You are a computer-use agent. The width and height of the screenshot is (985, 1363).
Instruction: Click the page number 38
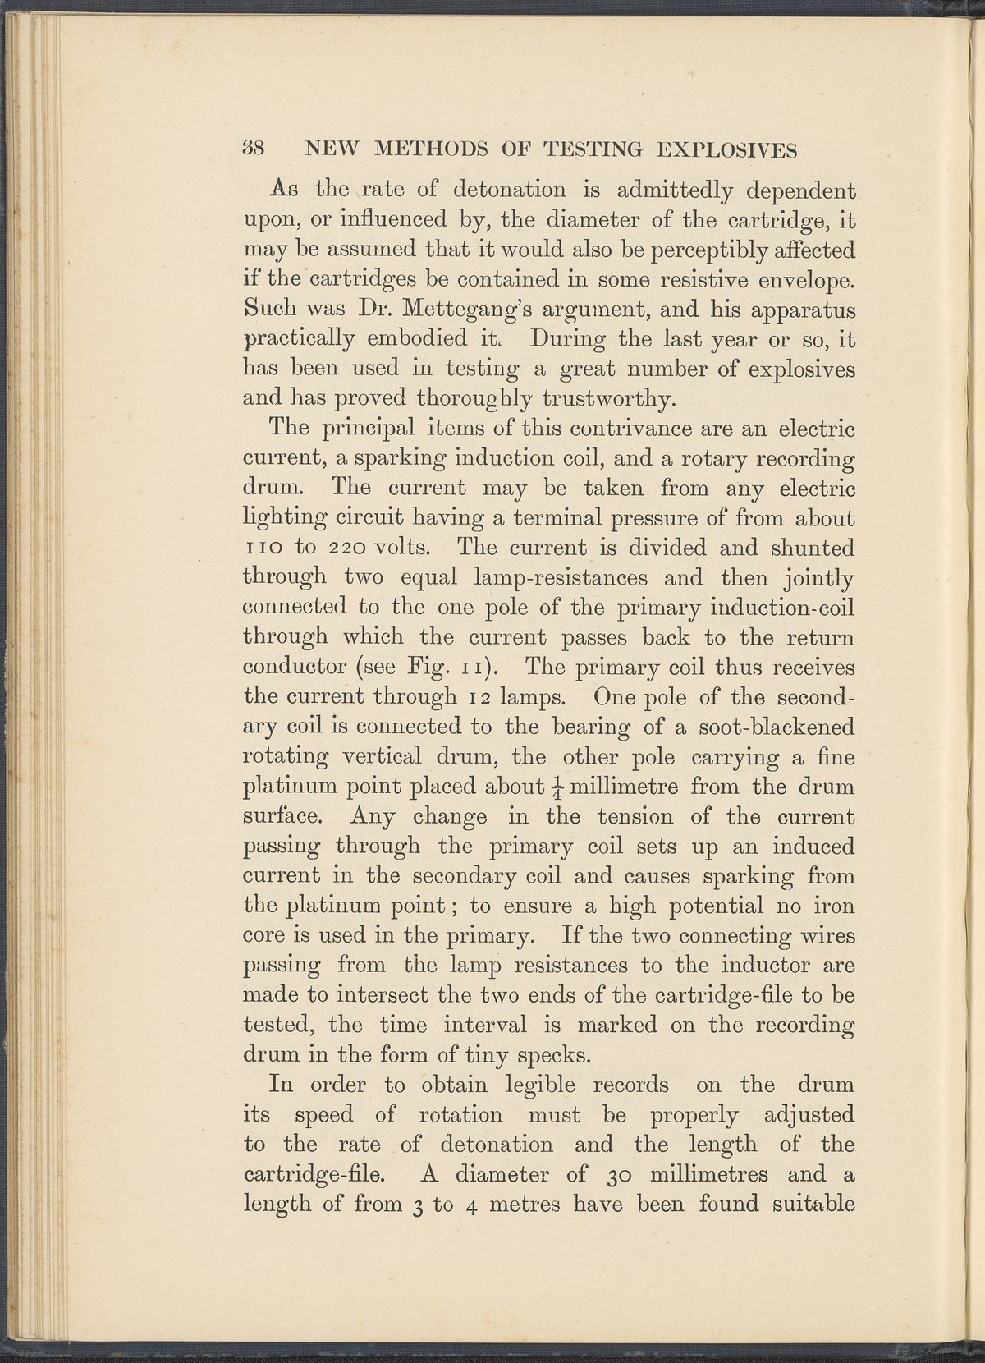pos(252,150)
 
